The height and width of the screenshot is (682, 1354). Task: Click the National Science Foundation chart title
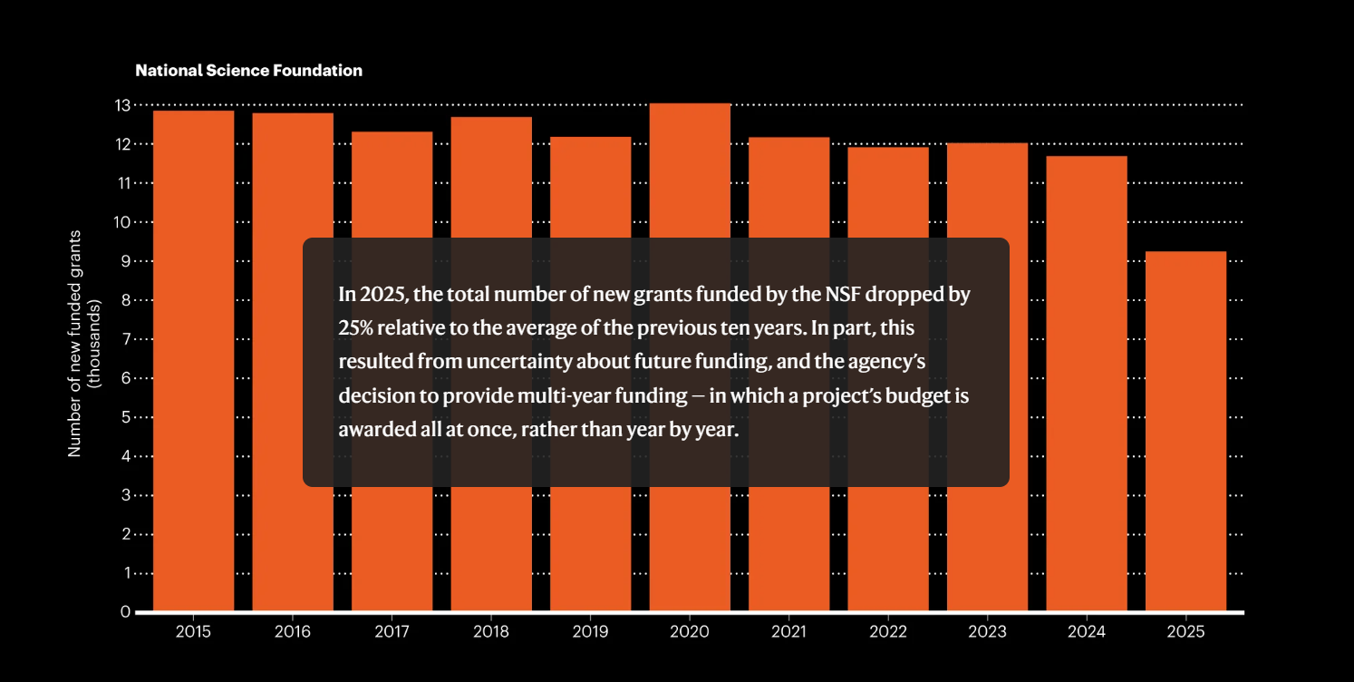coord(248,71)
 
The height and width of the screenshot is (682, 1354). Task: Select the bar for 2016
coord(293,363)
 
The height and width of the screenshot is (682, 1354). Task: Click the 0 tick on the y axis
coord(125,612)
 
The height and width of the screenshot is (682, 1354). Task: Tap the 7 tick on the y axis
coord(125,339)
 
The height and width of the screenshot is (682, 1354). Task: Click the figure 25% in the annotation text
coord(354,328)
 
